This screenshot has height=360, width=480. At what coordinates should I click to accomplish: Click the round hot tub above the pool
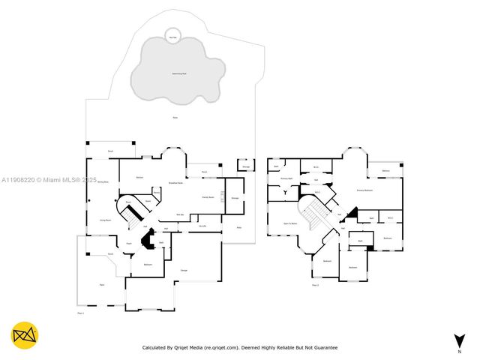(172, 37)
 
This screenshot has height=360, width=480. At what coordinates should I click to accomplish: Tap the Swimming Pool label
(178, 74)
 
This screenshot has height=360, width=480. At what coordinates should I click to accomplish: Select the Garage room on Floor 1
(184, 270)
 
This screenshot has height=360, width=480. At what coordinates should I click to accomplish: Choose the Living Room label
(106, 220)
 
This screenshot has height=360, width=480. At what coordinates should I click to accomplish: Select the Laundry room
(203, 225)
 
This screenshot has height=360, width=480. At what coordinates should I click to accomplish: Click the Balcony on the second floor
(385, 171)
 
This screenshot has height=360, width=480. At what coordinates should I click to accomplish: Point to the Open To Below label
(290, 223)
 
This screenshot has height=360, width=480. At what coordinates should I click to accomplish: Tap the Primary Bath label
(286, 178)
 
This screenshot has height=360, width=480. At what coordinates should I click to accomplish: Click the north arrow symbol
(459, 341)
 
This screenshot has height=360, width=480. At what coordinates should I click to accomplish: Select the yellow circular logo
(25, 335)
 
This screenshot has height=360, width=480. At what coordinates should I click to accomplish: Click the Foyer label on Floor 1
(129, 244)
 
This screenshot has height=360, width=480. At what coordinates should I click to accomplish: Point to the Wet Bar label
(180, 215)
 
